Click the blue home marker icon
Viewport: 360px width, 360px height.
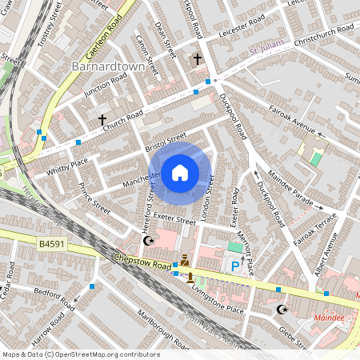click(x=180, y=173)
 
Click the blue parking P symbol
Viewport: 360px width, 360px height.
click(x=235, y=266)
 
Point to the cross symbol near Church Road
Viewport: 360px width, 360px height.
click(x=102, y=120)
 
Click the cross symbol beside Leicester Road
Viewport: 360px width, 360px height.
click(x=198, y=59)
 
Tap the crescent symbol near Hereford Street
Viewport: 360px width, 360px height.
click(x=146, y=240)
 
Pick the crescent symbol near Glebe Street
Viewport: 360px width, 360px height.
click(x=281, y=309)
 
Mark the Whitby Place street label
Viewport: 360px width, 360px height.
click(x=67, y=164)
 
